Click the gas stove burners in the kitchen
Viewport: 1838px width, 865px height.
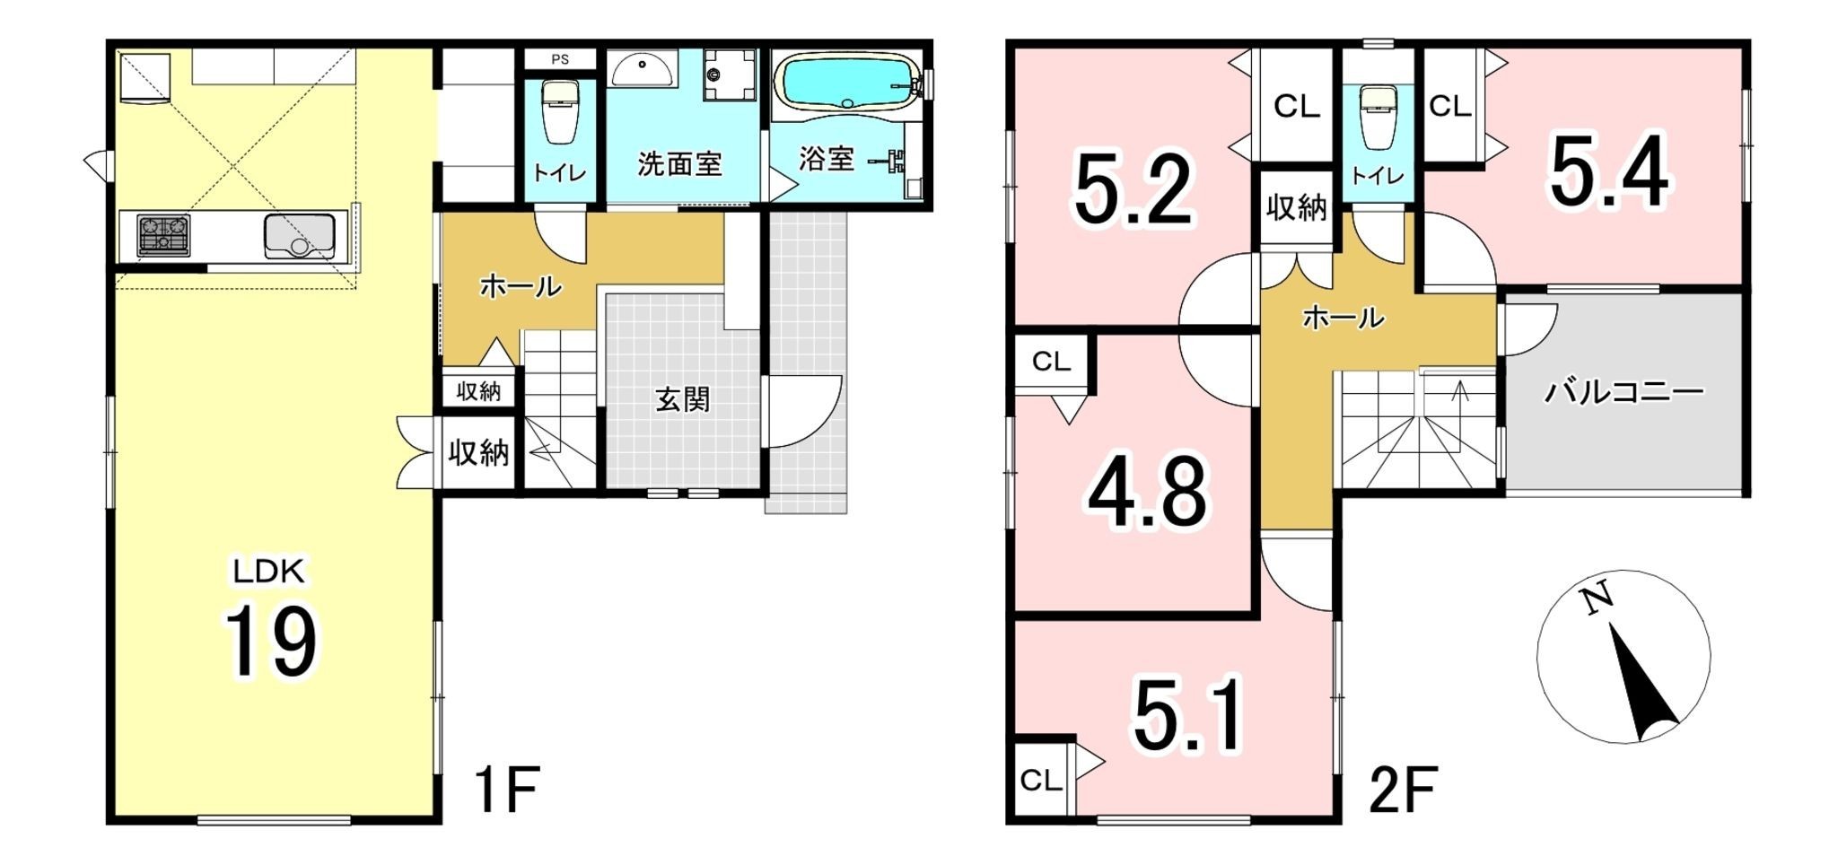[x=163, y=236]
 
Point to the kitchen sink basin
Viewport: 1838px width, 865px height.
[x=299, y=236]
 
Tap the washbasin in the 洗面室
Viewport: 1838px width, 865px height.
[x=643, y=68]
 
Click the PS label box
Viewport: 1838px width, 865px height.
[x=560, y=60]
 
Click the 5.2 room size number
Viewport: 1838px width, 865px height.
[x=1133, y=190]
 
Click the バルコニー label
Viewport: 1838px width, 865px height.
[x=1624, y=392]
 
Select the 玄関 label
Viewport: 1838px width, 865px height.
[x=683, y=399]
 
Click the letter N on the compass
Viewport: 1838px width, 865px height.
[x=1595, y=599]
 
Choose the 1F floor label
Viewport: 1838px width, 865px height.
[x=506, y=790]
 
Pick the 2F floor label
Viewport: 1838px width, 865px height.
[x=1404, y=790]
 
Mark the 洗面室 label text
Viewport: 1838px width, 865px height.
[x=679, y=164]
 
